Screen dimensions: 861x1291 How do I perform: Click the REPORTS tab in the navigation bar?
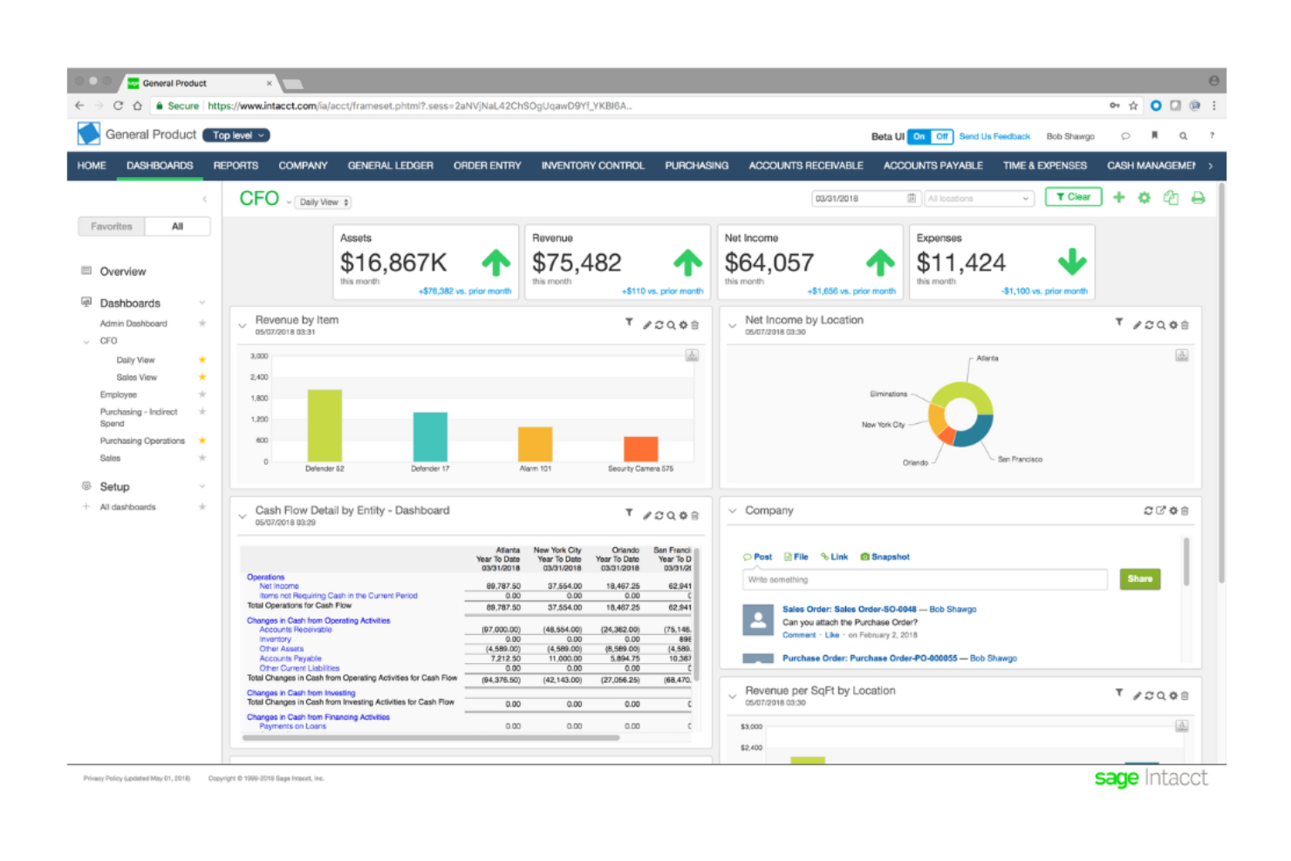[236, 166]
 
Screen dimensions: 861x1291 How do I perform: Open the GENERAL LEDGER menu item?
[390, 166]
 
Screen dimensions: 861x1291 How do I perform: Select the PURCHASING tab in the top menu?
[696, 166]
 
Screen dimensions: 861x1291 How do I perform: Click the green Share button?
[1139, 579]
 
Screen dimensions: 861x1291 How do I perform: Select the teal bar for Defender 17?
[430, 437]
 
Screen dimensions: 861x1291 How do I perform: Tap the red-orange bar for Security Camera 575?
[640, 448]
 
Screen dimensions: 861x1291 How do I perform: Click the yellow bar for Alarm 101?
[535, 444]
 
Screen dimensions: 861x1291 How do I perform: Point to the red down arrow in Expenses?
[1072, 262]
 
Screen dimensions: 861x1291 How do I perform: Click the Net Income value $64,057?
[768, 263]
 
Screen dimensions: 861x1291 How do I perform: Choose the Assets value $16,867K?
[393, 263]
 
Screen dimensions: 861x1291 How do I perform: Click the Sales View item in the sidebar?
[137, 378]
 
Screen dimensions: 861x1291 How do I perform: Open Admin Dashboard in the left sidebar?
[133, 324]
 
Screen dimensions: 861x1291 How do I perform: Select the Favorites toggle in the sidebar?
[112, 227]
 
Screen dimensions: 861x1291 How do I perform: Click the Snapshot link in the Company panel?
[889, 557]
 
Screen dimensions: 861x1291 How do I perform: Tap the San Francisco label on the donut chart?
[1020, 460]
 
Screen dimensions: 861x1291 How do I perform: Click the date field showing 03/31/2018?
[859, 199]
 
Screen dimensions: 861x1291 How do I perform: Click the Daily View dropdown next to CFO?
[324, 202]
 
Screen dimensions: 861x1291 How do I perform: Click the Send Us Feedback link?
[994, 137]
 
